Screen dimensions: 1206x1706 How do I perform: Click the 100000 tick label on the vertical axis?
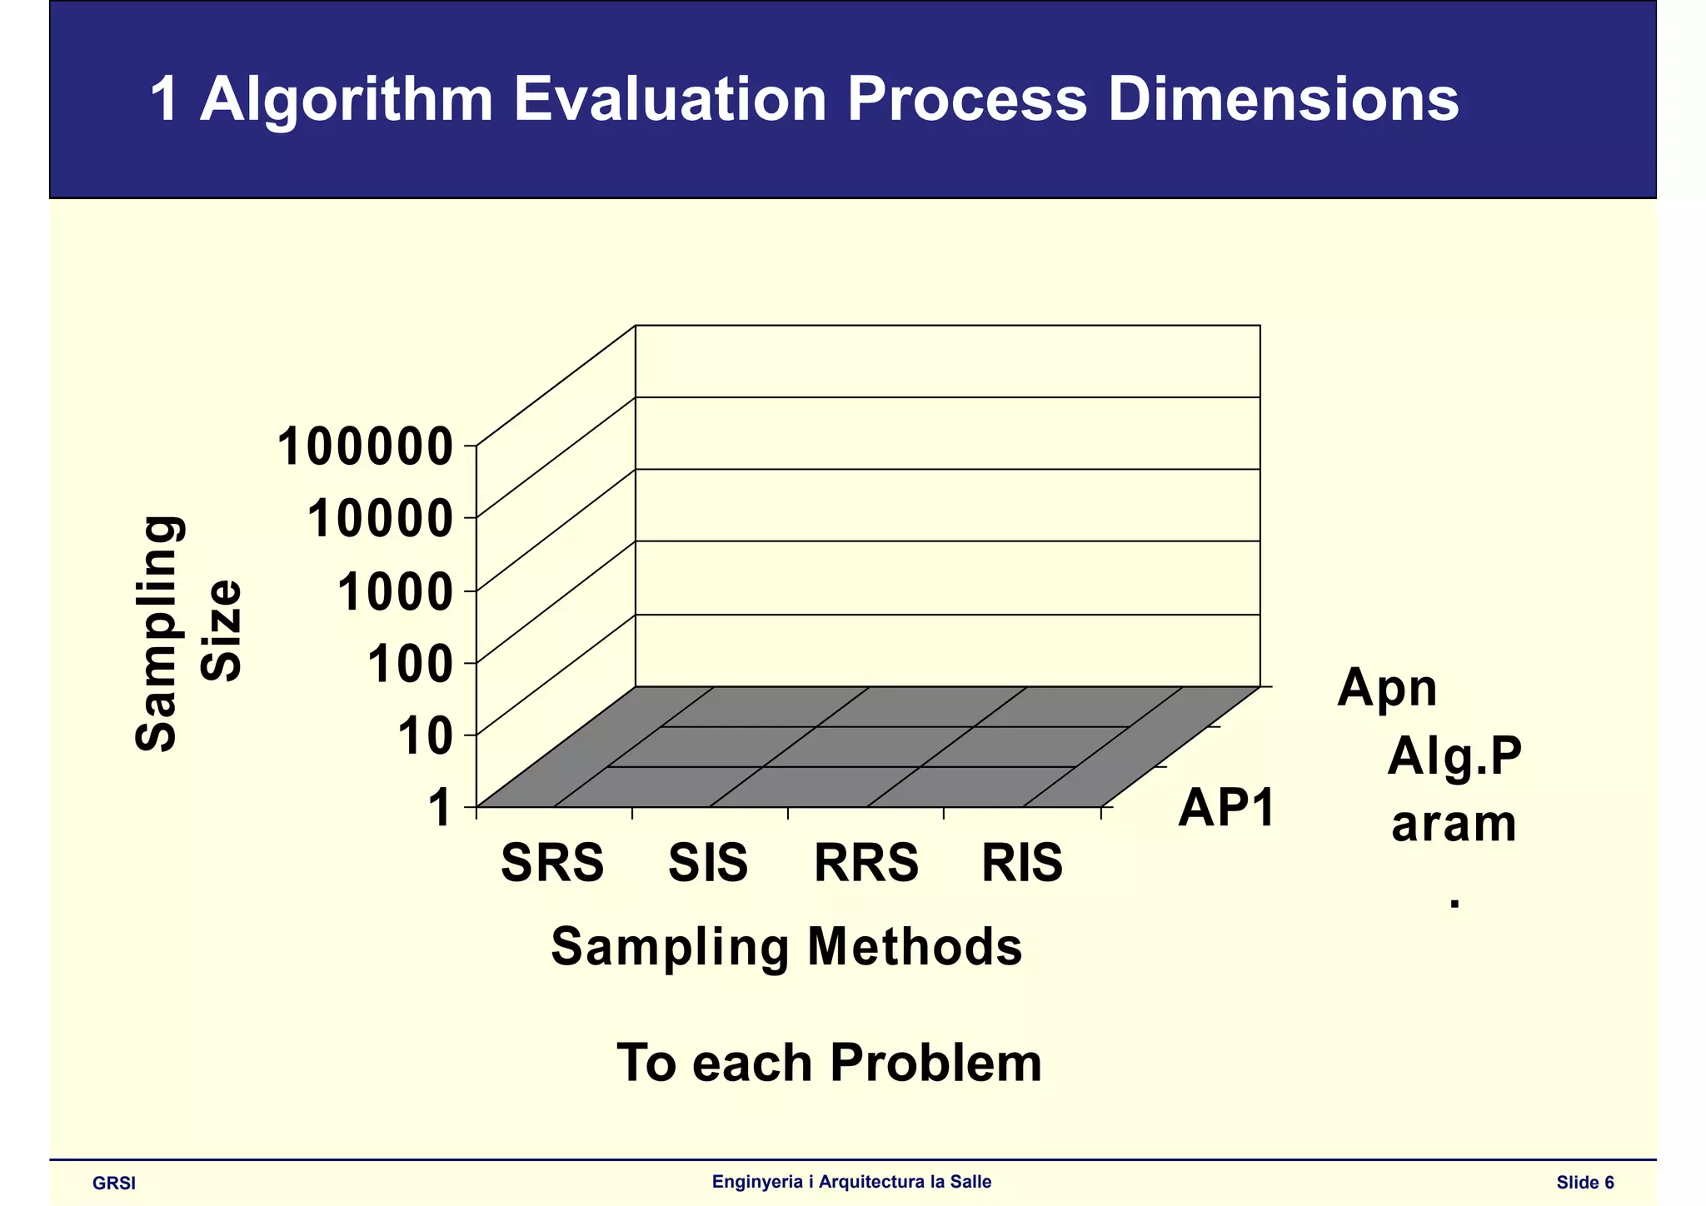(365, 447)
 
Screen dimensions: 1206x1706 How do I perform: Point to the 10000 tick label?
(380, 520)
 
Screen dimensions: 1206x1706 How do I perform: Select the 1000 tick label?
(395, 592)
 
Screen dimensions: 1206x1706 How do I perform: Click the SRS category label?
(552, 863)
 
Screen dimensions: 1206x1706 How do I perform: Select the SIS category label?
(708, 863)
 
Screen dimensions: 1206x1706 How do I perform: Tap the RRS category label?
(865, 863)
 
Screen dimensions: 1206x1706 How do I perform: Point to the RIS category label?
(1022, 863)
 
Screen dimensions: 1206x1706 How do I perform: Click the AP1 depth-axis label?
(1226, 807)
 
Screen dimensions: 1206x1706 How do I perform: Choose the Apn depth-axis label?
(1387, 688)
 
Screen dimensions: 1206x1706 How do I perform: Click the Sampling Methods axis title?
(786, 947)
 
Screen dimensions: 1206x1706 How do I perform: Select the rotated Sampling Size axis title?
(187, 633)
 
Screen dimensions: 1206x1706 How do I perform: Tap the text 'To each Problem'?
(829, 1063)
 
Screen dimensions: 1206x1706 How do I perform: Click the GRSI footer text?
(114, 1184)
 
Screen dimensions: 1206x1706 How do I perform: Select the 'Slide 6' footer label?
(1585, 1183)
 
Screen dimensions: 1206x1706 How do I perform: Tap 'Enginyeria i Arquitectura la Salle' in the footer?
(851, 1182)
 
